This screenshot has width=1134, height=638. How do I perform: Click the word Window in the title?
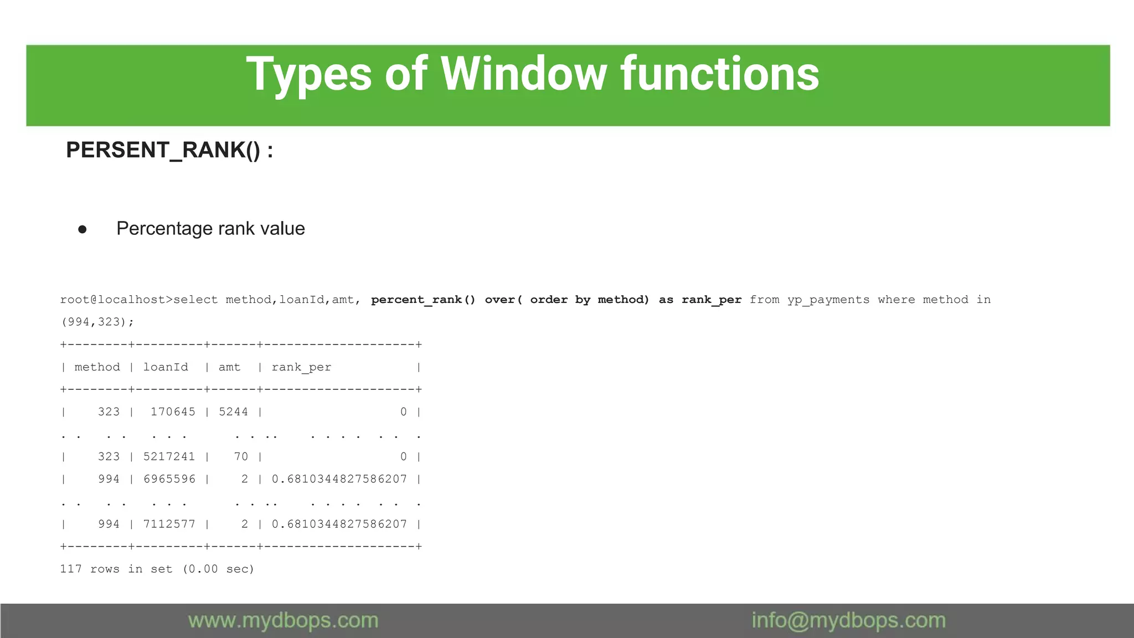coord(523,74)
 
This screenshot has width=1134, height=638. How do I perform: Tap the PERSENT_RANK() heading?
coord(169,150)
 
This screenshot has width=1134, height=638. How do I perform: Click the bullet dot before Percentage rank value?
coord(83,229)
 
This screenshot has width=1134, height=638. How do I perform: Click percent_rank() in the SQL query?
coord(423,300)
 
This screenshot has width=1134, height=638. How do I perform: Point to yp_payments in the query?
coord(828,300)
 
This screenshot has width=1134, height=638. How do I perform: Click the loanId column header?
coord(166,367)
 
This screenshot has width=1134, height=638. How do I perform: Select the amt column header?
coord(229,367)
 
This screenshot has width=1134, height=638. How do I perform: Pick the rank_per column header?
coord(301,367)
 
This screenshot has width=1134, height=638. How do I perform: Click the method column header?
coord(97,367)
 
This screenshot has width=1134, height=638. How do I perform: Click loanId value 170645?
coord(173,412)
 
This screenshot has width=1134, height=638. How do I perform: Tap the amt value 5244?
coord(233,412)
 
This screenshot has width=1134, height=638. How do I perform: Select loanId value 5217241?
coord(169,457)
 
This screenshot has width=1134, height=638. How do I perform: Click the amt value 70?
coord(241,457)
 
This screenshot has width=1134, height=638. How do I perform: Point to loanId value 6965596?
coord(169,479)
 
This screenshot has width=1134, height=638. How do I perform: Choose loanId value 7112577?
coord(169,524)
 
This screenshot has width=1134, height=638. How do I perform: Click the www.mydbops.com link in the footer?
coord(283,621)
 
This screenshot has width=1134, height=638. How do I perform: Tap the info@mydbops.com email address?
coord(848,621)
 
